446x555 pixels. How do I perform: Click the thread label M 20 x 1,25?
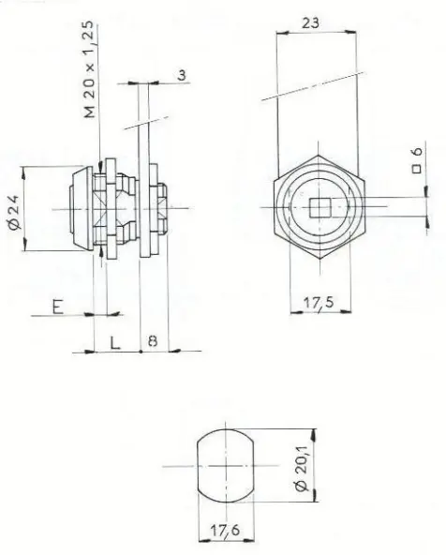(90, 69)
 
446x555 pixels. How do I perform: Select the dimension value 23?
(310, 23)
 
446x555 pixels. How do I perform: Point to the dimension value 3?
(182, 75)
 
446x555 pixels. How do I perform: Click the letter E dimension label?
(58, 307)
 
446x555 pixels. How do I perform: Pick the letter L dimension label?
(115, 342)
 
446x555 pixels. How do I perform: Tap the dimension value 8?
(153, 341)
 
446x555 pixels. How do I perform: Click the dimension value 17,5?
(319, 303)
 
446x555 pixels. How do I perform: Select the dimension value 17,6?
(225, 531)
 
